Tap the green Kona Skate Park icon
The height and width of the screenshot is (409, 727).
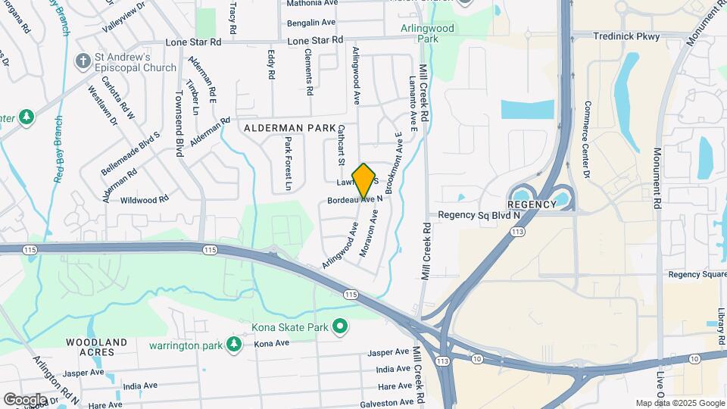point(341,326)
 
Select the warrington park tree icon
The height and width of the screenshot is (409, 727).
point(235,345)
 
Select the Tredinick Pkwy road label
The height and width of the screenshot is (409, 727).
point(628,36)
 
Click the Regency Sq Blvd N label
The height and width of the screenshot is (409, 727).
point(479,215)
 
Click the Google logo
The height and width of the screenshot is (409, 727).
point(25,399)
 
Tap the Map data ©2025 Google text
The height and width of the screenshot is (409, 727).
point(680,403)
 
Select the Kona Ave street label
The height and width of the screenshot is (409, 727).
point(272,344)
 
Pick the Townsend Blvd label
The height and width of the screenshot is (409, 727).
point(179,120)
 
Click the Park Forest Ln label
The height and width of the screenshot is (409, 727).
point(289,163)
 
